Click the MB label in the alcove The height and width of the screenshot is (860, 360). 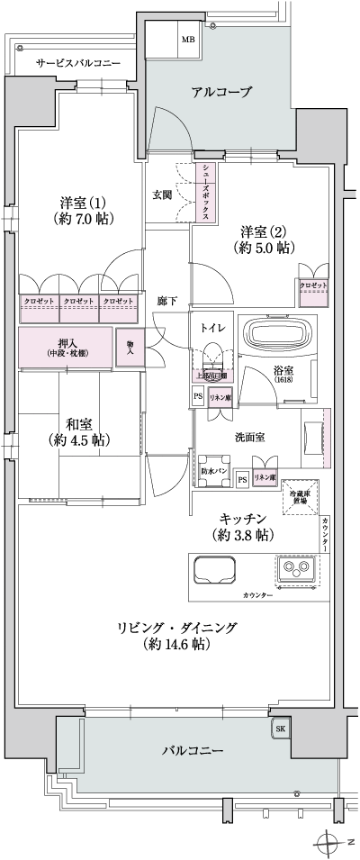coord(188,40)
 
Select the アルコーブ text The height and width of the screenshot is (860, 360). coord(220,93)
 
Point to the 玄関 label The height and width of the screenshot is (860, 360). coord(163,194)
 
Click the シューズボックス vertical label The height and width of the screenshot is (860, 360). coord(206,187)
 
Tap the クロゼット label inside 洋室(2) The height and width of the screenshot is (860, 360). coord(313,285)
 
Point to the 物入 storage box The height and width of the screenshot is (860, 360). coord(130,347)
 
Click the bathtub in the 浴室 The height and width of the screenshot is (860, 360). coord(280,336)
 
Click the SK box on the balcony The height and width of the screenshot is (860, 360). coord(280,729)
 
